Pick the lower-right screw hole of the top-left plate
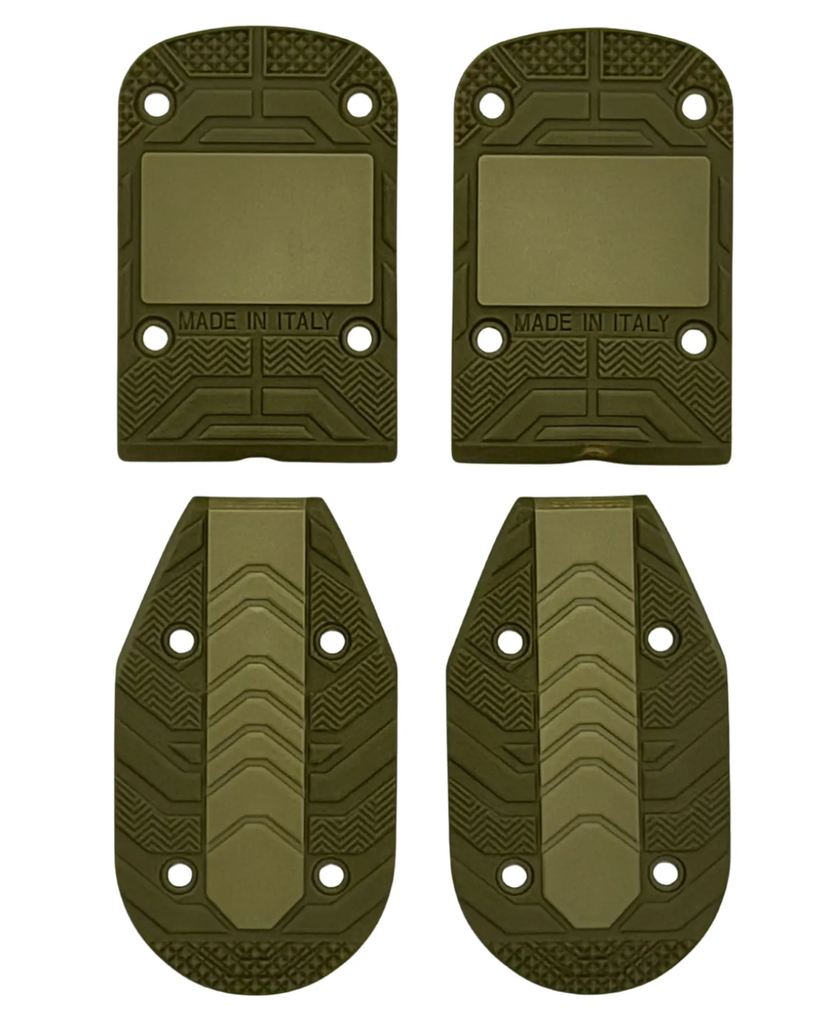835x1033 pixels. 360,336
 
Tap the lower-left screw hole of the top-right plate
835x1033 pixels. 489,339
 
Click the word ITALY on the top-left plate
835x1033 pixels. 305,321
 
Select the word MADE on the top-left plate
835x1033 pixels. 208,321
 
